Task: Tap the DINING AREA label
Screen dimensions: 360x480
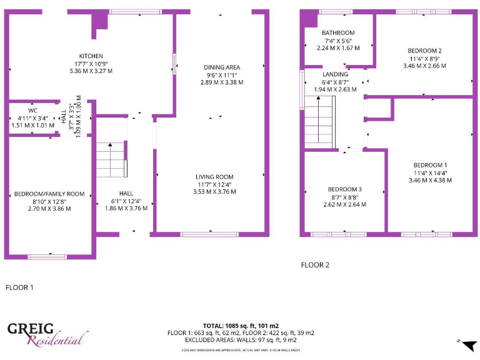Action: click(222, 67)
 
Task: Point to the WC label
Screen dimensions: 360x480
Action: click(33, 111)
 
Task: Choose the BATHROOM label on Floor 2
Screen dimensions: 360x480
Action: click(338, 33)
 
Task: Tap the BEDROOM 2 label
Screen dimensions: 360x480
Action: click(425, 51)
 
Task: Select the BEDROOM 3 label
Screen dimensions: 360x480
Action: click(345, 189)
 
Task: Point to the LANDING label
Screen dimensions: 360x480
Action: click(336, 74)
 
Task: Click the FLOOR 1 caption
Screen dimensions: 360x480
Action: click(19, 287)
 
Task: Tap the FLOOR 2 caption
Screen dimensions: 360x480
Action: click(315, 265)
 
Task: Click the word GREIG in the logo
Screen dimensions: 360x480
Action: click(31, 330)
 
